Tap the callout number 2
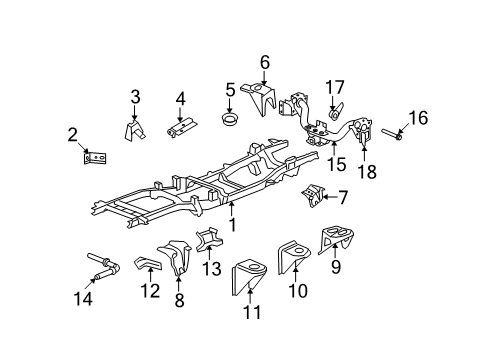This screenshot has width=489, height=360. click(73, 136)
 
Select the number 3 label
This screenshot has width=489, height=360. click(135, 97)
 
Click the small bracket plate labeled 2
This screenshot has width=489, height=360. click(96, 158)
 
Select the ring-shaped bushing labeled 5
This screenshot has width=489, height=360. click(229, 121)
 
